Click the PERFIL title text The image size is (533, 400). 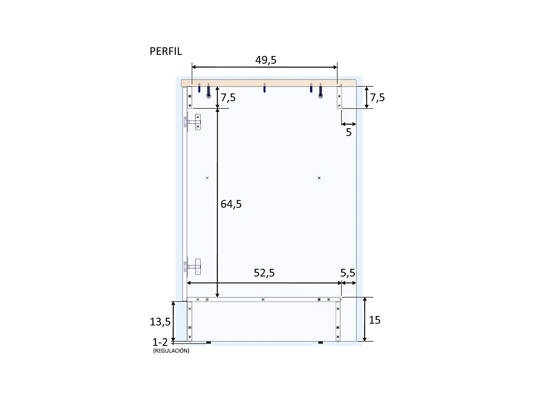(166, 51)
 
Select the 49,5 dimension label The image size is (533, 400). (266, 60)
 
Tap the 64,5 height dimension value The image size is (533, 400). (231, 204)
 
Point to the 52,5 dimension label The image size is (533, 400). (264, 273)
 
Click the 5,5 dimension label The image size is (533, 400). (348, 273)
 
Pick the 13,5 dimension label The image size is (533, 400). (160, 322)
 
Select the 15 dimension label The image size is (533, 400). (375, 320)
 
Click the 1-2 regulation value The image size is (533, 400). (160, 342)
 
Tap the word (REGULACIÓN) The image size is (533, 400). (171, 351)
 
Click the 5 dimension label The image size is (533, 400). (349, 132)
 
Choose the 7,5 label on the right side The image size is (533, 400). (377, 97)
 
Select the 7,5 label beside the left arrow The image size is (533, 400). (228, 97)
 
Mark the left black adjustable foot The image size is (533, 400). (209, 342)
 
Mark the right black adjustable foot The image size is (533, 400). (321, 342)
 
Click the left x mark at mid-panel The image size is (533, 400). (207, 178)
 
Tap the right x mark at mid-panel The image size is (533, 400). (319, 178)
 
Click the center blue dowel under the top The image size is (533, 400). (264, 87)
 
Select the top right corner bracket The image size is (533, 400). (339, 97)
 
